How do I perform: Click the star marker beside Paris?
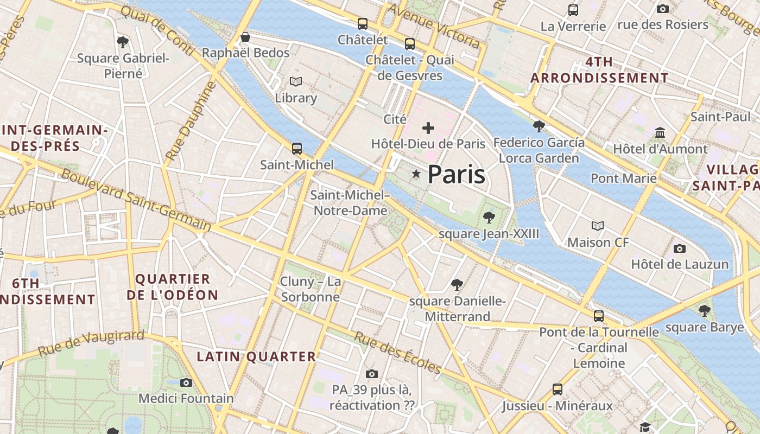[416, 174]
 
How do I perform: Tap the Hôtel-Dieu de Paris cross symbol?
[428, 128]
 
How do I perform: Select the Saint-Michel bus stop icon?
[296, 148]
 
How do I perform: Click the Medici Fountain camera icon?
[186, 382]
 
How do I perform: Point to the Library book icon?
[295, 81]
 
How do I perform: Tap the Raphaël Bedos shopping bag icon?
[245, 37]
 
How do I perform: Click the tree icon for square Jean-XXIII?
[489, 218]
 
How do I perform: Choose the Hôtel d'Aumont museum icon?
[660, 132]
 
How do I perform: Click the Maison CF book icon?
[598, 226]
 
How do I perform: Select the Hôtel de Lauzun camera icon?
[679, 248]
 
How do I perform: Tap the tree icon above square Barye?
[704, 311]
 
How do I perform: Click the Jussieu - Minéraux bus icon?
[558, 389]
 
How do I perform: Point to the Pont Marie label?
[623, 178]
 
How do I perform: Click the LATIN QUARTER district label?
[256, 356]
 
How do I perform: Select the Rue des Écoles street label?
[397, 353]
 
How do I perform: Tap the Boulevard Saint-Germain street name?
[136, 200]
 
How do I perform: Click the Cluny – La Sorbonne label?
[310, 289]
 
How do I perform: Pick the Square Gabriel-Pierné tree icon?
[123, 42]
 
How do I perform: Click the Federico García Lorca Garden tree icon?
[539, 126]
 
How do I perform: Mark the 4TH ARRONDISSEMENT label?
[599, 70]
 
